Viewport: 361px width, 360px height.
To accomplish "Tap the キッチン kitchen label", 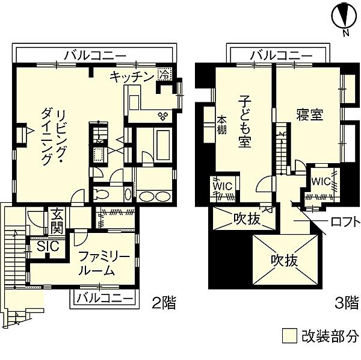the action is [132, 76].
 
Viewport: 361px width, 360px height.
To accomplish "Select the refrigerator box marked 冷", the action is [165, 74].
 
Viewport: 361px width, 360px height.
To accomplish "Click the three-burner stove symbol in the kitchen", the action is [163, 116].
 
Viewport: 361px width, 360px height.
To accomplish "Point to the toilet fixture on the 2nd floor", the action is [101, 194].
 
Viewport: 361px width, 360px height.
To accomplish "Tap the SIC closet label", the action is [48, 246].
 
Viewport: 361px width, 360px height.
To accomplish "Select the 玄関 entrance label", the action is [57, 221].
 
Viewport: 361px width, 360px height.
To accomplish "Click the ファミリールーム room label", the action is [103, 264].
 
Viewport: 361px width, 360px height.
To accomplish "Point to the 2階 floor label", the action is [164, 303].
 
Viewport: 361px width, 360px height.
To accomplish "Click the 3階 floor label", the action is [347, 303].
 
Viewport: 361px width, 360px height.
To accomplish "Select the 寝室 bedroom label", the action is [310, 115].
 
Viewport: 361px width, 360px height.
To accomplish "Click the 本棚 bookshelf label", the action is [222, 126].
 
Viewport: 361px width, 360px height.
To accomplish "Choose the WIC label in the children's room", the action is [223, 187].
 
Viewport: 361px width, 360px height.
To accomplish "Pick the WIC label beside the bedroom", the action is [321, 182].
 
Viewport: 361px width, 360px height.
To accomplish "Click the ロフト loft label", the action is [345, 222].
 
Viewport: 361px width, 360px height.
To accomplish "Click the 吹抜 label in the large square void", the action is [285, 261].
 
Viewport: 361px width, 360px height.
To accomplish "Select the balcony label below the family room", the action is [105, 299].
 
